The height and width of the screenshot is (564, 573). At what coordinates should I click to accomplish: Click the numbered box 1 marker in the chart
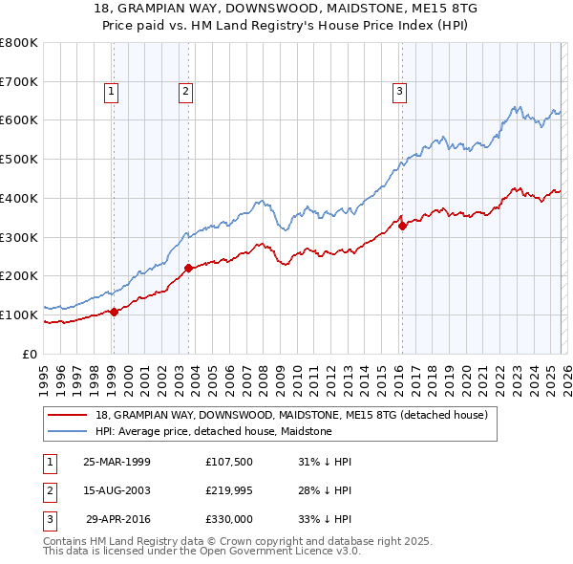pos(112,92)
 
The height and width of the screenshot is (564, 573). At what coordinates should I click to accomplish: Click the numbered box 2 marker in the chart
pos(184,92)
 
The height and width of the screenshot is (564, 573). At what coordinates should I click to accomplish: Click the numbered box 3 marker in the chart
pos(398,92)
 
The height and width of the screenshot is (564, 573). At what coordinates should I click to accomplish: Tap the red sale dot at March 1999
pos(114,311)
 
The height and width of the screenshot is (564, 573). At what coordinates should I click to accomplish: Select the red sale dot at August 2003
pos(188,268)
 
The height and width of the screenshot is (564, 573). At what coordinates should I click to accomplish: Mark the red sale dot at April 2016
pos(402,226)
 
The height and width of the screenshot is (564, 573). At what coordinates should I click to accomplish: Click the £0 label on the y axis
pos(31,354)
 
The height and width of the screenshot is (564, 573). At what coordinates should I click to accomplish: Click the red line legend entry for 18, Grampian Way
pos(292,415)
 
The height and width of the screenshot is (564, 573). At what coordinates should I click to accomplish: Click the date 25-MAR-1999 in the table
pos(117,462)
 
